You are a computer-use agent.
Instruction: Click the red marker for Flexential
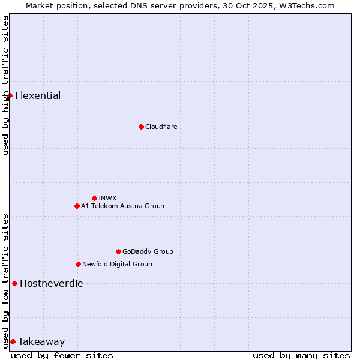coord(10,95)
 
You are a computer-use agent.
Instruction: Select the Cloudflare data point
coord(141,127)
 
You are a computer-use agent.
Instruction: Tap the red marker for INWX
coord(94,198)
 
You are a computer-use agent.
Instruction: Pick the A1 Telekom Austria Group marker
coord(77,206)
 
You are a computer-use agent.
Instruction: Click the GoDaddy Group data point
coord(118,251)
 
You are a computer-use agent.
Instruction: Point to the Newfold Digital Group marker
coord(78,264)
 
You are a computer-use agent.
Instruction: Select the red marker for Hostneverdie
coord(14,283)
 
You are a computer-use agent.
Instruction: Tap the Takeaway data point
coord(13,341)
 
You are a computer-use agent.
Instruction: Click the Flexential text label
coord(38,95)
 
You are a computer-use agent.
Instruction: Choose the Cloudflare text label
coord(161,127)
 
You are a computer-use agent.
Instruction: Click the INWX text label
coord(107,198)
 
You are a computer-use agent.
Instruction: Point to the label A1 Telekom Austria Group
coord(122,206)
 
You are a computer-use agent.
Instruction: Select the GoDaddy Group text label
coord(148,251)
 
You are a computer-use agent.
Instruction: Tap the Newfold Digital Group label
coord(117,264)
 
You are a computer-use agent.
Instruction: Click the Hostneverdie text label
coord(52,283)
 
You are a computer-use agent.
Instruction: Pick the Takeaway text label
coord(41,341)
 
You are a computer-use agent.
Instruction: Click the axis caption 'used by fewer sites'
coord(62,355)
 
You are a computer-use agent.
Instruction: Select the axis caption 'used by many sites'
coord(301,355)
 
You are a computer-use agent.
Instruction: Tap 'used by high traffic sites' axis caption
coord(5,85)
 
